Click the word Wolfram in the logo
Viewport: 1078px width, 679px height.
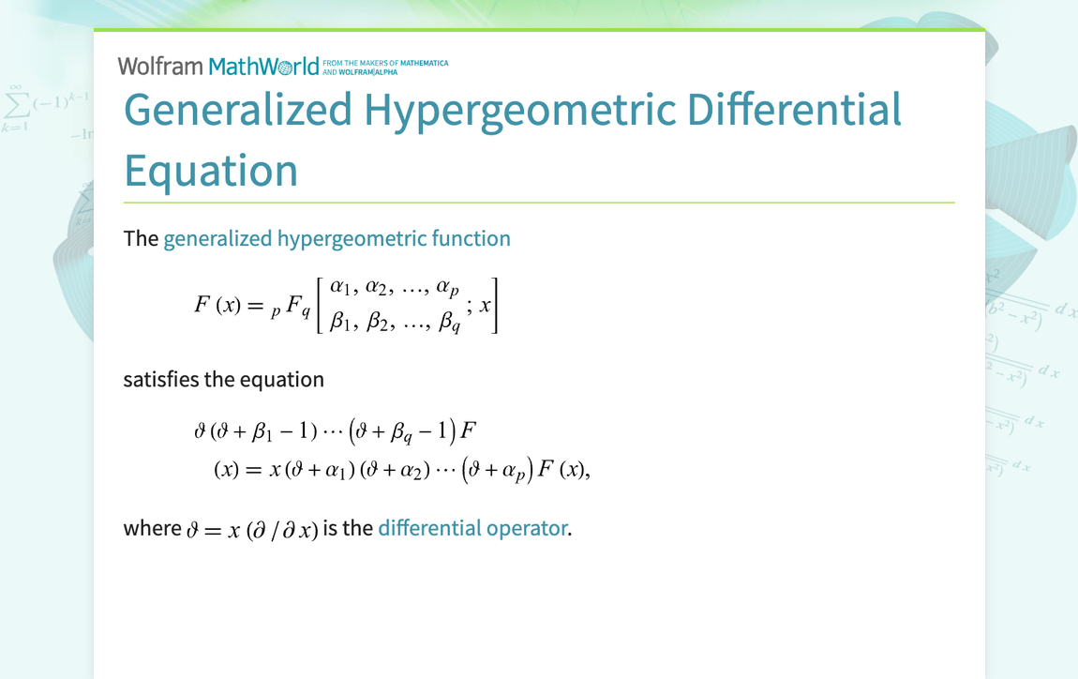[160, 66]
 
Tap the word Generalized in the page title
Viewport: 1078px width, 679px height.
[238, 110]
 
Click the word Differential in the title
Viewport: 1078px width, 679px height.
[794, 110]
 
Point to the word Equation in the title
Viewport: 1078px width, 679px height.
[211, 172]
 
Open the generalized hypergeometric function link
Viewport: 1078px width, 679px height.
[337, 239]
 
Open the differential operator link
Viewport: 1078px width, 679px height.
[473, 528]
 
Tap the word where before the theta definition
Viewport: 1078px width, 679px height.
[152, 528]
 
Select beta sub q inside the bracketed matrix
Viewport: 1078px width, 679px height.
[450, 322]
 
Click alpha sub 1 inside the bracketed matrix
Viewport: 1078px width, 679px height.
[340, 286]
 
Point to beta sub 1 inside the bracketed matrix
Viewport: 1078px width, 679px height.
[340, 321]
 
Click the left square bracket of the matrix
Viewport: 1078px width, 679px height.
[320, 306]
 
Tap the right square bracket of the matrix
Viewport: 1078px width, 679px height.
[494, 306]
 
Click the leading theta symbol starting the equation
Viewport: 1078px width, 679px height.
[200, 431]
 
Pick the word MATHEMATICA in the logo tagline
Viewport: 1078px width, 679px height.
[425, 63]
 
